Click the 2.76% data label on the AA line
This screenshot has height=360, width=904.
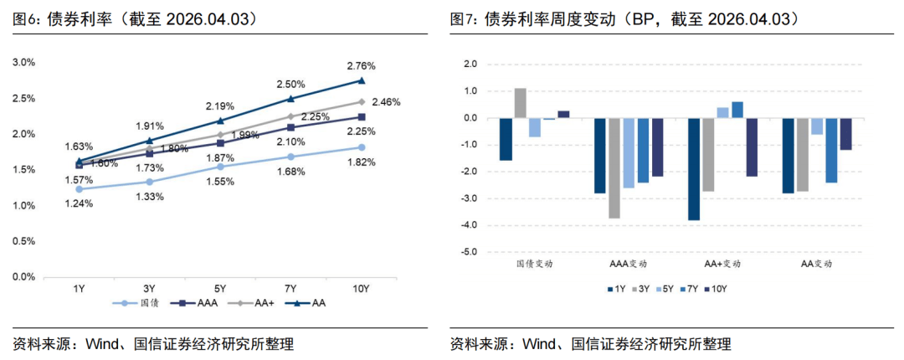(x=362, y=65)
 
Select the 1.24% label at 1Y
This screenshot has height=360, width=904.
(x=79, y=203)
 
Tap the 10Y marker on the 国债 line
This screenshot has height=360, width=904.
(x=362, y=147)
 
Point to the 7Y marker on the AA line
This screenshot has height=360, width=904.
(x=290, y=99)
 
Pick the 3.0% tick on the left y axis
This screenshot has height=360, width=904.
(x=25, y=62)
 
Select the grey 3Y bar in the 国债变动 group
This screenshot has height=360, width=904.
(x=520, y=103)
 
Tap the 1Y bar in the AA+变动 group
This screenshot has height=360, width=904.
(x=694, y=169)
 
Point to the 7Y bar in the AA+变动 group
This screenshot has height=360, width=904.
(x=737, y=110)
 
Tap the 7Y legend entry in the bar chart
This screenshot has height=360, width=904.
(x=690, y=289)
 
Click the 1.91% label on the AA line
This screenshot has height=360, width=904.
(x=150, y=126)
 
